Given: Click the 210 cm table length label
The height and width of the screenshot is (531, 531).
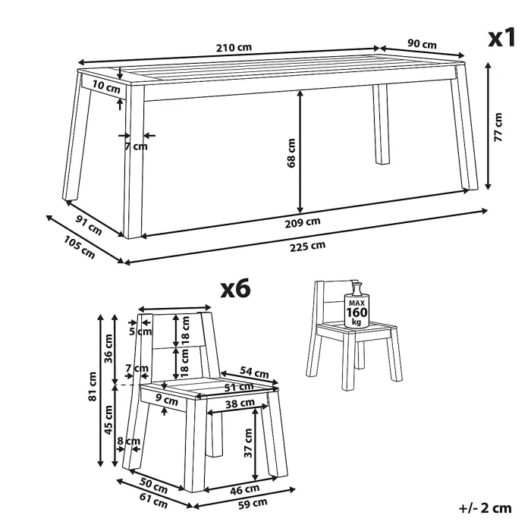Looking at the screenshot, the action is coord(234,47).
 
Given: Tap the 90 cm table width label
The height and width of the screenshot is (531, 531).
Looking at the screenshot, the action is coord(422,44).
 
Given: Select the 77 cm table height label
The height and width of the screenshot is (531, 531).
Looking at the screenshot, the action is coord(498,127).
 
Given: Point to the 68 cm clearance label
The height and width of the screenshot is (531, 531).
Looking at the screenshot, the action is coord(291,152).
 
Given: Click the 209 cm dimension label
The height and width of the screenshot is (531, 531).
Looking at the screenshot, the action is coord(303,222).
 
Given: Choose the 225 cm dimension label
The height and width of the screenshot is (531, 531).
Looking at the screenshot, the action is coord(307,247).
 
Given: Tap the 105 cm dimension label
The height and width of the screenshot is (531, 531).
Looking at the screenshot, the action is coord(79,247).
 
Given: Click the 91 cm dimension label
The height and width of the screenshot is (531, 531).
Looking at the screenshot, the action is coord(89,225).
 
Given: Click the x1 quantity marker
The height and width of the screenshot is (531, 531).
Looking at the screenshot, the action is coord(501,37).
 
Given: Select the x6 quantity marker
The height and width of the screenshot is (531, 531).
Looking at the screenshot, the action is coord(235,288).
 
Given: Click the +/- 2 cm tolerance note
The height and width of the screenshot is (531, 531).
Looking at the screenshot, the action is coord(485,508).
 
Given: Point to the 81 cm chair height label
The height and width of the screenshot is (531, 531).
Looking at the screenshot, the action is coord(92,386).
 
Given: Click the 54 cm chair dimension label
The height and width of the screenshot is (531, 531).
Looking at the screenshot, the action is coord(254,372).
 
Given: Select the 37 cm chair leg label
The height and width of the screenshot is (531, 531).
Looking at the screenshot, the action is coord(248,443).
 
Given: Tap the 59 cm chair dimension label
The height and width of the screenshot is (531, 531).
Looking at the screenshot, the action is coord(253,504).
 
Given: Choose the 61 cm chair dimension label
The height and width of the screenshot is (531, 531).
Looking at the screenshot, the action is coord(153,501).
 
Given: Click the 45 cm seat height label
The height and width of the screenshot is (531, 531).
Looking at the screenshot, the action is coord(108,419).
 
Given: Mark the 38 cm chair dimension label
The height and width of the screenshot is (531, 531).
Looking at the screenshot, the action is coord(240,403).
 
